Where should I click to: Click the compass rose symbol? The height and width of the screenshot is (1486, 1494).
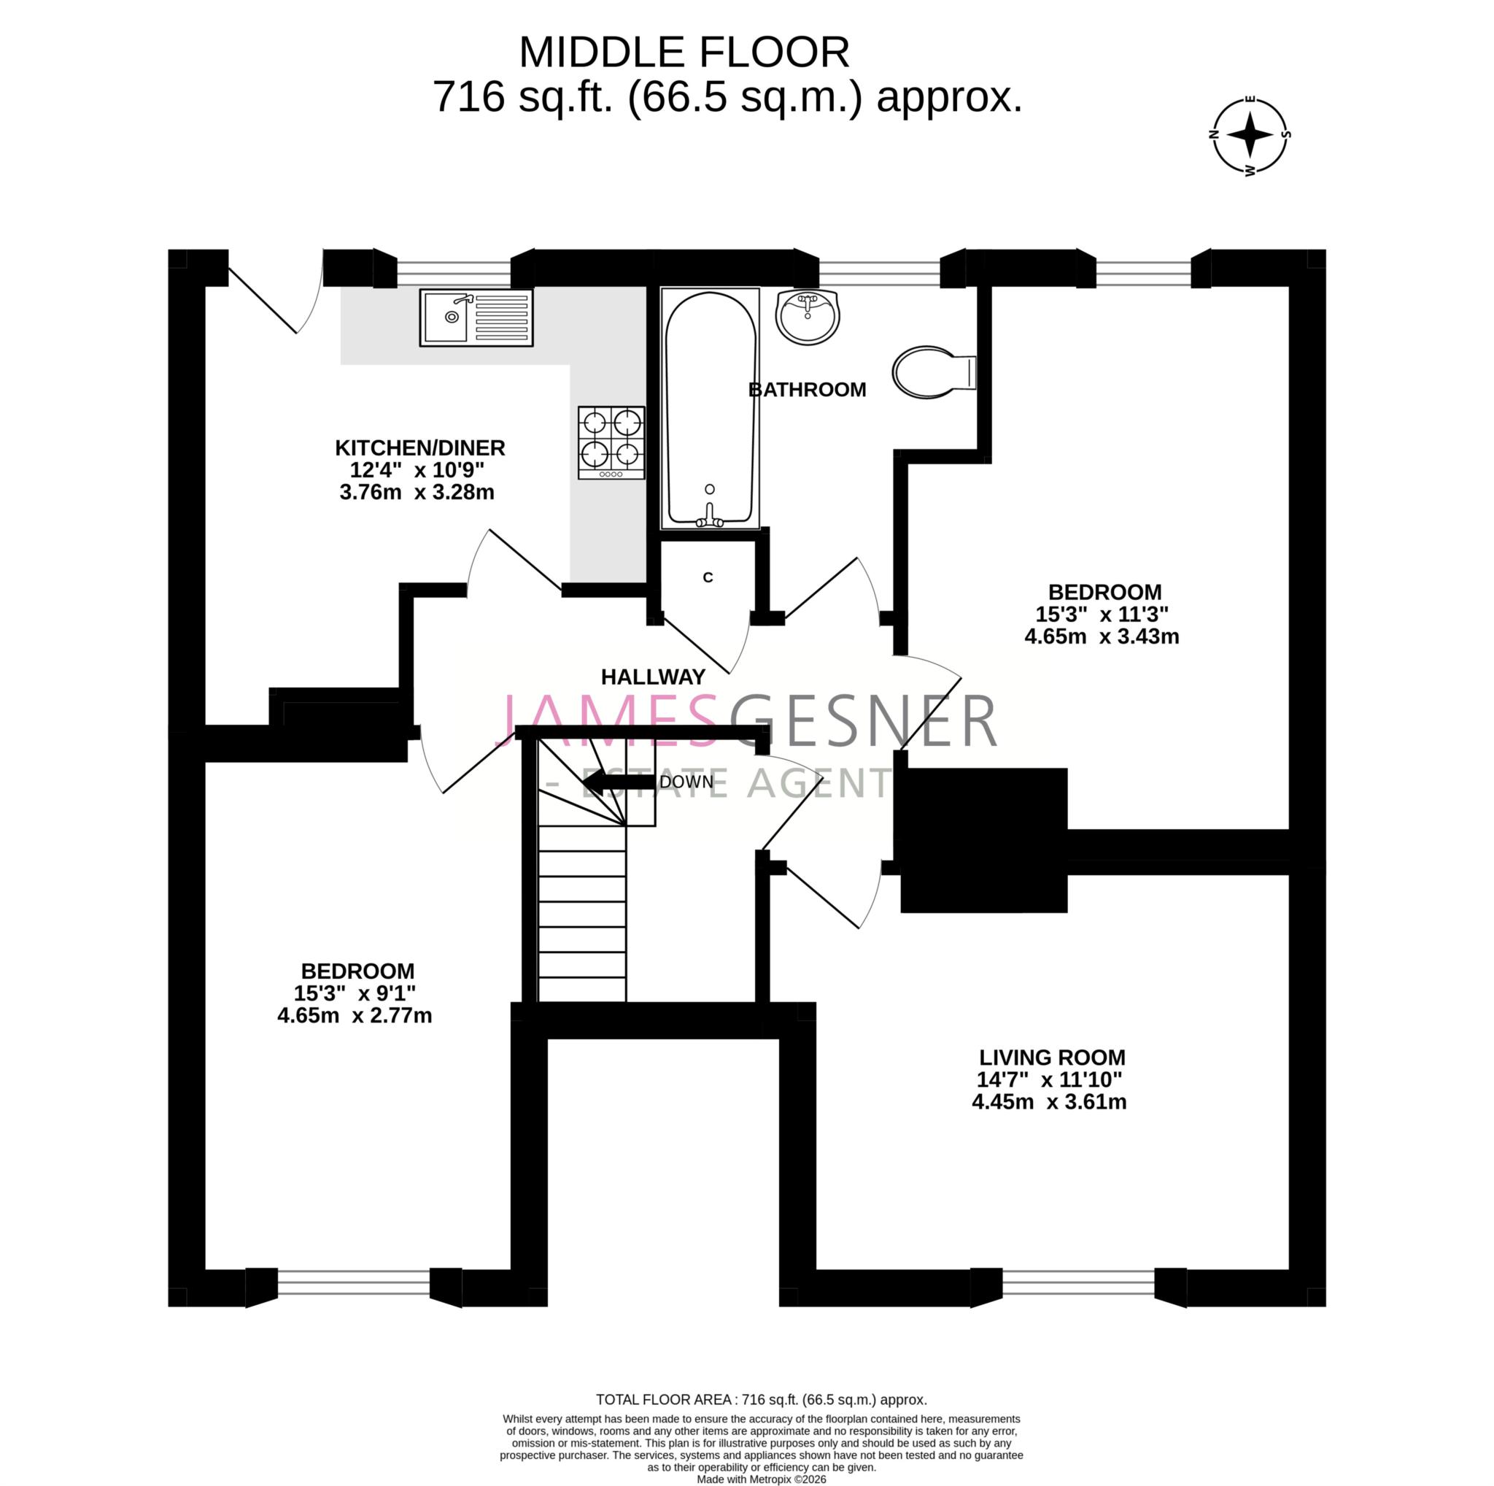(1250, 134)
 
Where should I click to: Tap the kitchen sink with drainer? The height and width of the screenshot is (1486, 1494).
(476, 317)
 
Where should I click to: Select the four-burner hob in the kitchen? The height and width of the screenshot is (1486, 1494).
(611, 442)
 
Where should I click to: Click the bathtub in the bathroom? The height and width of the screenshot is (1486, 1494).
(710, 409)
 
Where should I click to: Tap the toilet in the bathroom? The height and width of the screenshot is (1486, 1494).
(932, 372)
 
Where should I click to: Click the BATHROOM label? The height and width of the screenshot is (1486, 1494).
(807, 389)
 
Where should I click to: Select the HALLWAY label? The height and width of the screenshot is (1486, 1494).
(653, 677)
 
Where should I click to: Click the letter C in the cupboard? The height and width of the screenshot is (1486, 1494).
(707, 578)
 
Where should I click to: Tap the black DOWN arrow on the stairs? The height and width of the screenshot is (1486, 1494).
(619, 782)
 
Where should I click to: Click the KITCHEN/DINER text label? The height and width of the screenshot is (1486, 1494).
(420, 448)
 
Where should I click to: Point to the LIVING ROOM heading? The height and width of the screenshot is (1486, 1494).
(1052, 1058)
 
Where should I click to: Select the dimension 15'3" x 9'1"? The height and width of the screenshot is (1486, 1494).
(355, 993)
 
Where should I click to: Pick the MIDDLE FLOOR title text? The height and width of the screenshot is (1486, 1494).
(684, 53)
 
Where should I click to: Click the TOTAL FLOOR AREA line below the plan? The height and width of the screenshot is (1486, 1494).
(761, 1399)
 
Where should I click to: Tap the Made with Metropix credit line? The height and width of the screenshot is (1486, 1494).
(761, 1479)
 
